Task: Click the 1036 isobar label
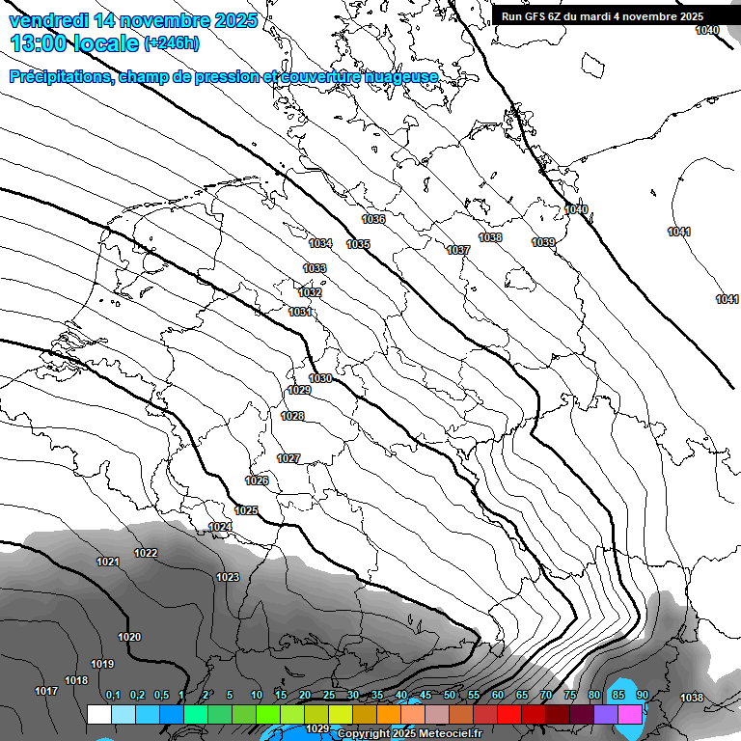(373, 220)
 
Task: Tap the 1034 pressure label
(320, 243)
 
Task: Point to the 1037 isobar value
(458, 250)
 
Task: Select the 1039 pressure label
(543, 242)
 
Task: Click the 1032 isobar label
(310, 292)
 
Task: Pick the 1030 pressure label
(320, 378)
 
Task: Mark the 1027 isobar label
(288, 458)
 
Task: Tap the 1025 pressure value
(246, 510)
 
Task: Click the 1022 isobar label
(146, 553)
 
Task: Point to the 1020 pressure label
(129, 637)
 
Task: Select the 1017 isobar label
(46, 691)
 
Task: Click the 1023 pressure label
(228, 577)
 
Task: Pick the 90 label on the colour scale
(642, 695)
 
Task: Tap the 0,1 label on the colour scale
(112, 695)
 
